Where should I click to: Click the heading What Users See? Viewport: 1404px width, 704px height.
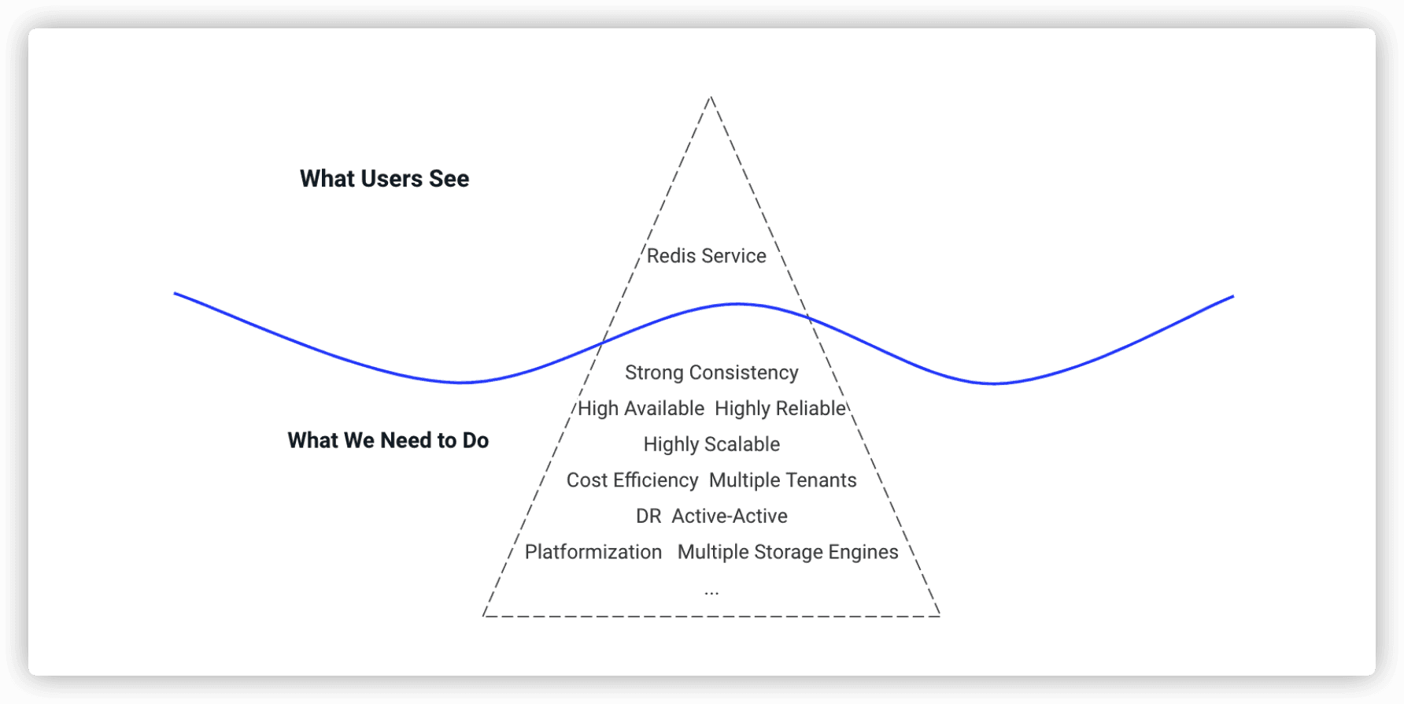(x=384, y=179)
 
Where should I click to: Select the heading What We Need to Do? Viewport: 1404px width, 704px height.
(x=388, y=440)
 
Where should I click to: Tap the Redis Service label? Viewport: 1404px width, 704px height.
(x=706, y=256)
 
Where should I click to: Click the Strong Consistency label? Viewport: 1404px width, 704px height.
(x=711, y=372)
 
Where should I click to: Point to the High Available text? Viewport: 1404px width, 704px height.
(x=641, y=409)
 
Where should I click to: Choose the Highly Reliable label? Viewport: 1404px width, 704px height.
(x=780, y=409)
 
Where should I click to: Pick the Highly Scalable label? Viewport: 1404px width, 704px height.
(x=711, y=444)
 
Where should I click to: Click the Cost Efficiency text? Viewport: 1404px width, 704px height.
(x=632, y=480)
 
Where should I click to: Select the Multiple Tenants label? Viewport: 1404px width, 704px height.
(x=782, y=480)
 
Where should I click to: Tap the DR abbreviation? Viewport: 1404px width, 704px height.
(x=648, y=517)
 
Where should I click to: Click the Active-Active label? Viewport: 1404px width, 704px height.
(x=729, y=517)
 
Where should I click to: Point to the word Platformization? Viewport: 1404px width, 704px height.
(x=593, y=552)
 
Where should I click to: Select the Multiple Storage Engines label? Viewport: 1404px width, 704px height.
(x=787, y=552)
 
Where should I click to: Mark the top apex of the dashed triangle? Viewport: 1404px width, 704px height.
(x=711, y=97)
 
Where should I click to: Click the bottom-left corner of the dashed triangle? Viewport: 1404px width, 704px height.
(x=483, y=616)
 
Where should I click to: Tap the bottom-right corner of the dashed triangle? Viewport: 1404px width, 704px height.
(x=940, y=616)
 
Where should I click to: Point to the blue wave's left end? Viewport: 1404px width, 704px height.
(x=175, y=294)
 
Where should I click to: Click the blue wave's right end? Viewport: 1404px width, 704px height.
(x=1233, y=297)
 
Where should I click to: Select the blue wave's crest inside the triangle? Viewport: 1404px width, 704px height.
(x=737, y=304)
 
